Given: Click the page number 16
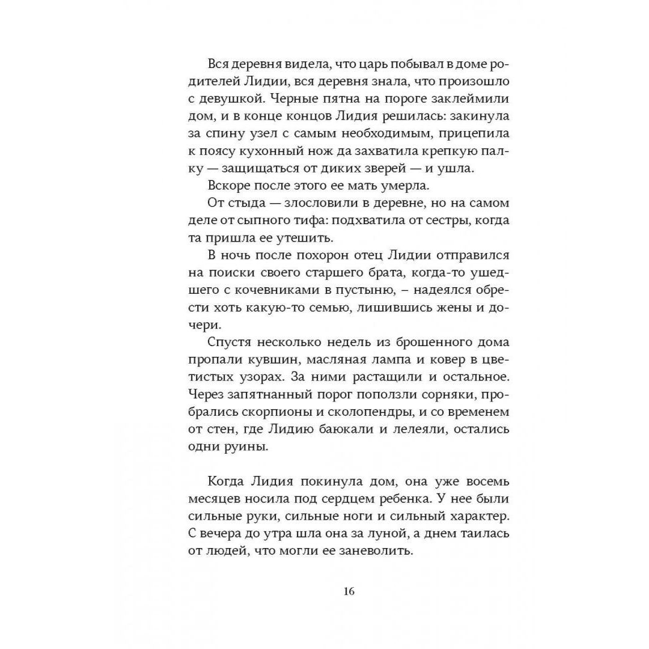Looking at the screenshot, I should tap(349, 590).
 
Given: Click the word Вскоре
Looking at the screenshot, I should tap(228, 186).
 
